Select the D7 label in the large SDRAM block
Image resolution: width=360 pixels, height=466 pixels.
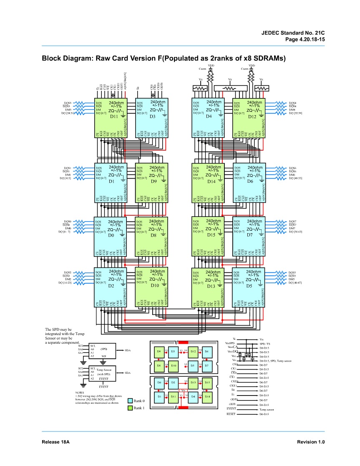pyautogui.click(x=250, y=235)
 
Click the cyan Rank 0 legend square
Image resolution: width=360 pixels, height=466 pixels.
pyautogui.click(x=130, y=401)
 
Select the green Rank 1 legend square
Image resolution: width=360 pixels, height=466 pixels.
pyautogui.click(x=130, y=408)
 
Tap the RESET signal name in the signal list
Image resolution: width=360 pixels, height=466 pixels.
pyautogui.click(x=231, y=414)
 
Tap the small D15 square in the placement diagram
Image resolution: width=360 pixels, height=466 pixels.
pyautogui.click(x=207, y=382)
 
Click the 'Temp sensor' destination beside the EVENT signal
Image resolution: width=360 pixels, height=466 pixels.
pyautogui.click(x=267, y=410)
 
